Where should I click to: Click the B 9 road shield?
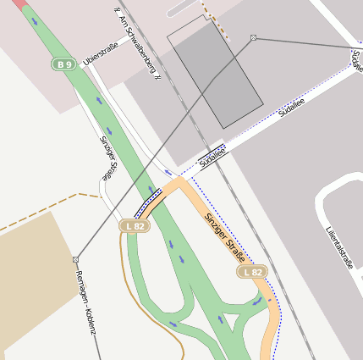pyautogui.click(x=63, y=64)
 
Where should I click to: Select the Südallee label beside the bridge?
pyautogui.click(x=214, y=153)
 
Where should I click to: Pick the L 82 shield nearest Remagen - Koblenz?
pyautogui.click(x=135, y=226)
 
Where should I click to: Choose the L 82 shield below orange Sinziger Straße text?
pyautogui.click(x=251, y=272)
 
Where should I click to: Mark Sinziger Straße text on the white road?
pyautogui.click(x=107, y=158)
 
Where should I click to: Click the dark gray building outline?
pyautogui.click(x=215, y=72)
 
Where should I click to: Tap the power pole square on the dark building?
pyautogui.click(x=253, y=38)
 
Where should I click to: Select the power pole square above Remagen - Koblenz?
pyautogui.click(x=75, y=258)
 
